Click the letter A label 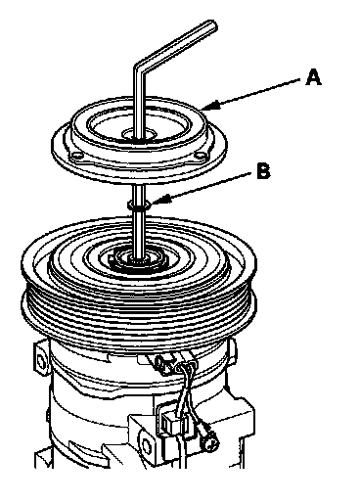[313, 77]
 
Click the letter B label [263, 171]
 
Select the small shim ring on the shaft [139, 205]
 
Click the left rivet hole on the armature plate [76, 155]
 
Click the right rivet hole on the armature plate [200, 156]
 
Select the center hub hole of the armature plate [138, 134]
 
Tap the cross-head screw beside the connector [210, 442]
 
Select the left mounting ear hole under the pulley [41, 361]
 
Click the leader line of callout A [255, 92]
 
